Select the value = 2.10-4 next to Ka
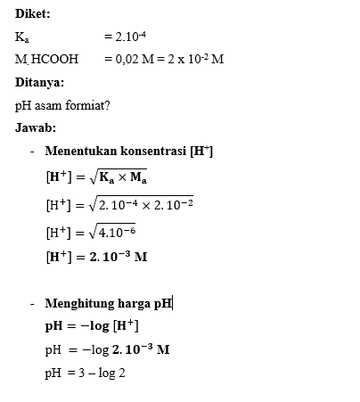point(124,37)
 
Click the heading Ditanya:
point(40,82)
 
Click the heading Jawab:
point(36,127)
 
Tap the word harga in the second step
point(135,303)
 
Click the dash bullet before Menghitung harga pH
point(32,303)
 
